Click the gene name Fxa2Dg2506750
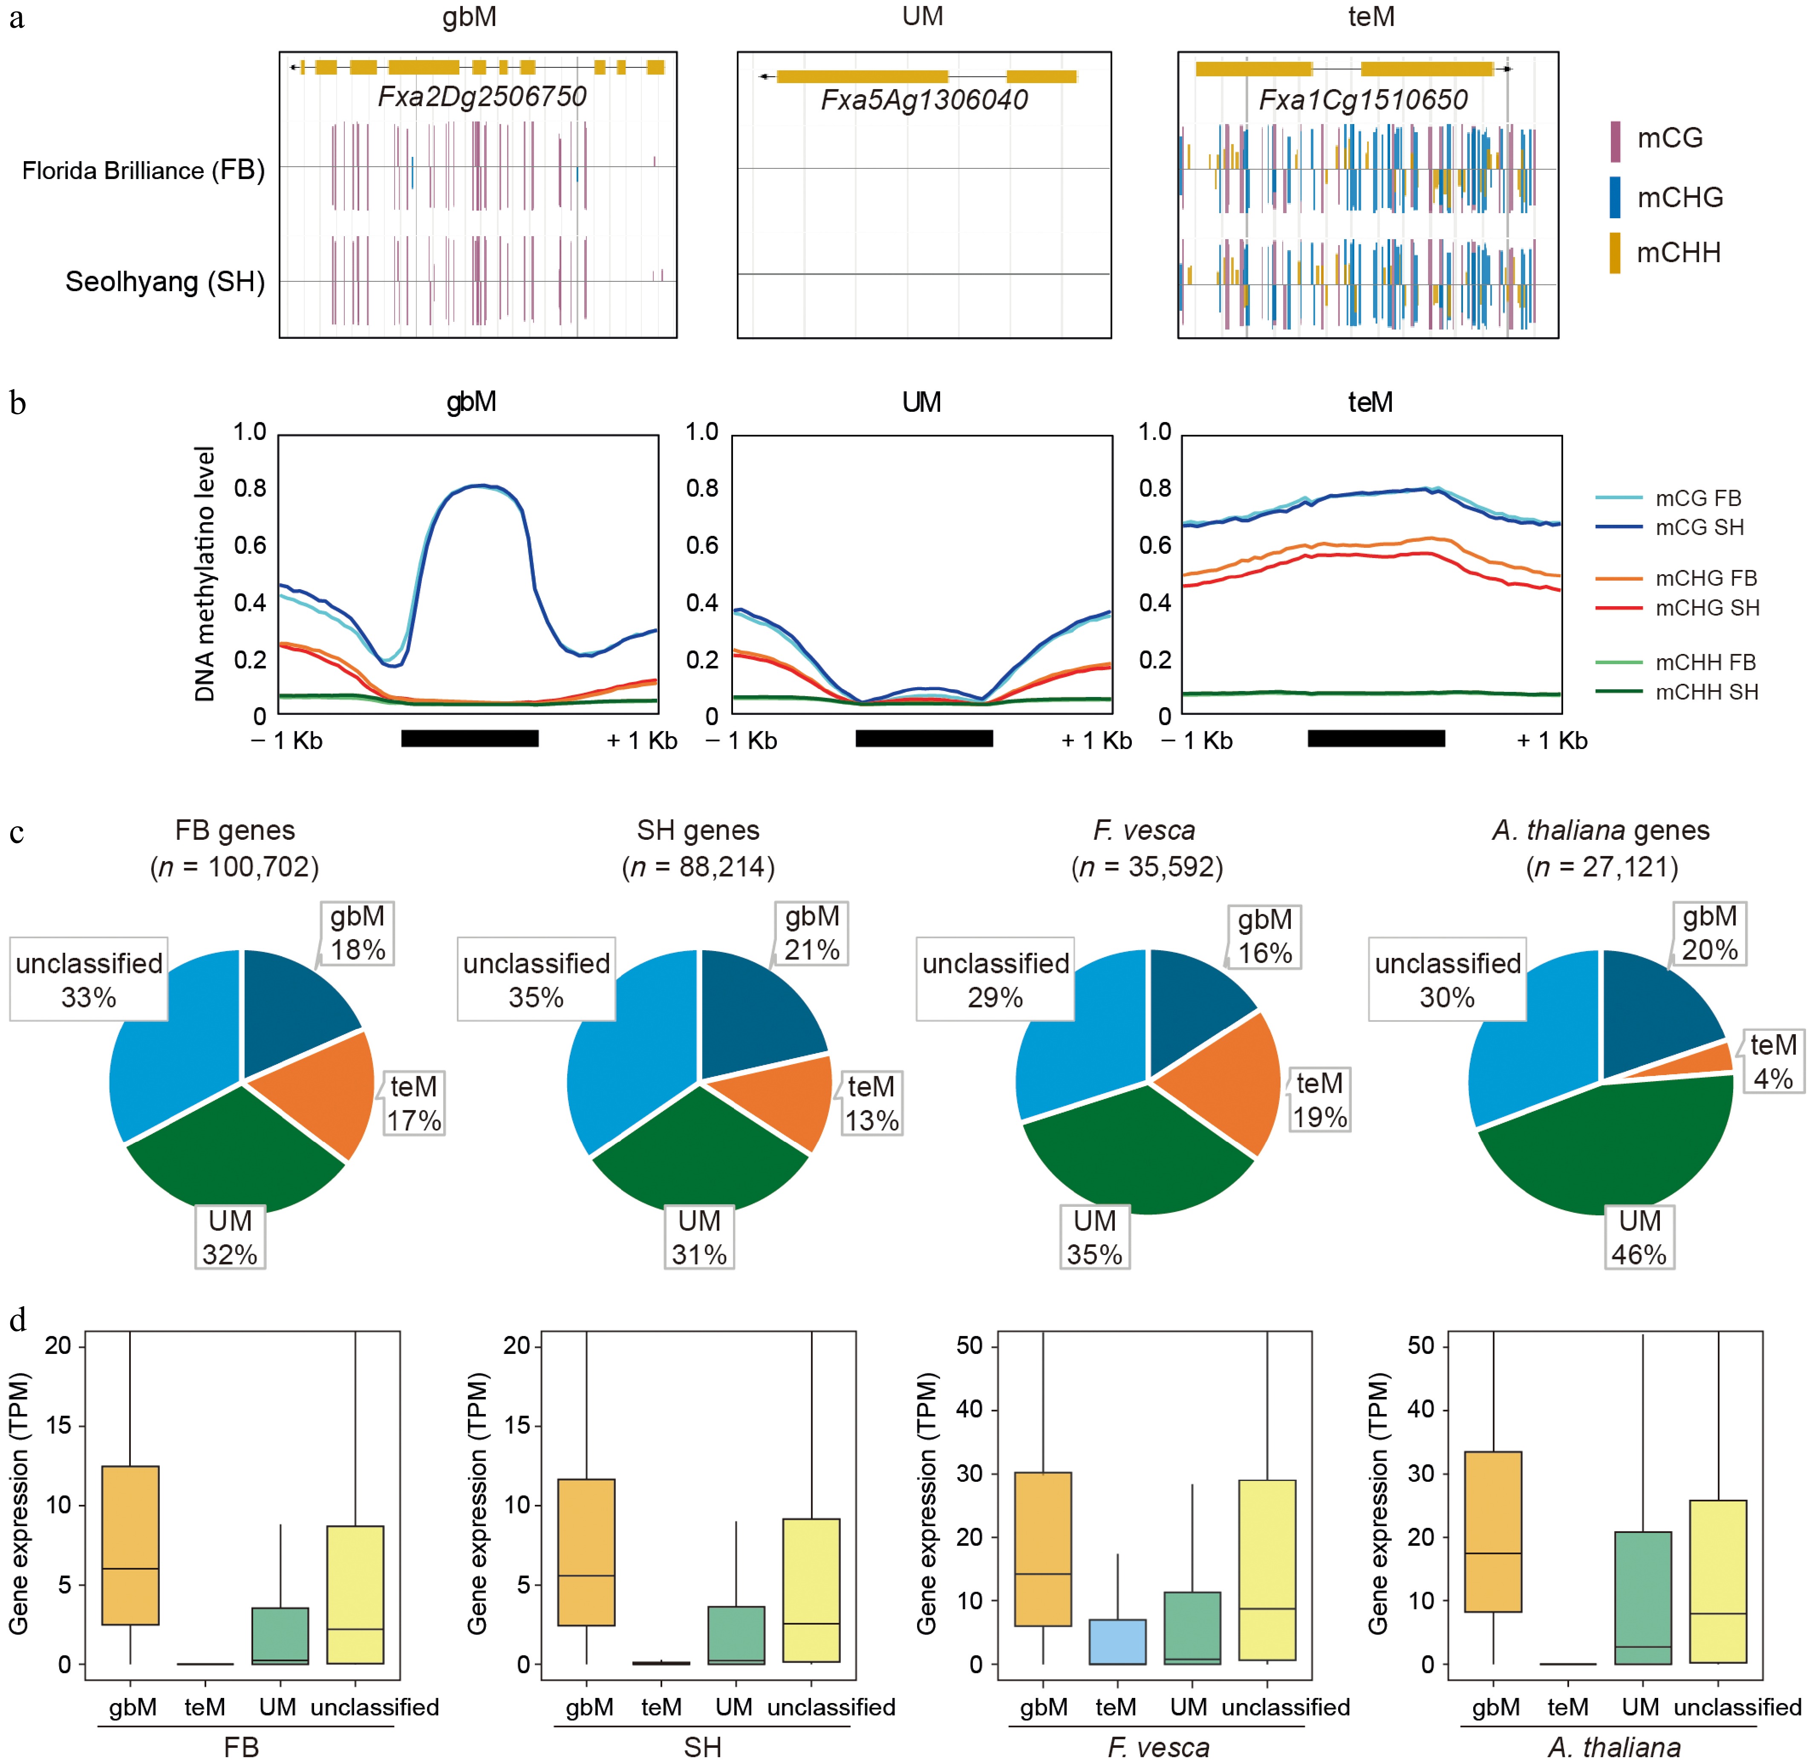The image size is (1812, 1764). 482,96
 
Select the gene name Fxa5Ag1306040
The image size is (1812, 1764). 923,100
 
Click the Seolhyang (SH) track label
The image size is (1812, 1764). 165,282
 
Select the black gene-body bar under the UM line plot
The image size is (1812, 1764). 923,738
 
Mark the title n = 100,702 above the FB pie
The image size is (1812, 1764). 234,867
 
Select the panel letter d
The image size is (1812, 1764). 17,1319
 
